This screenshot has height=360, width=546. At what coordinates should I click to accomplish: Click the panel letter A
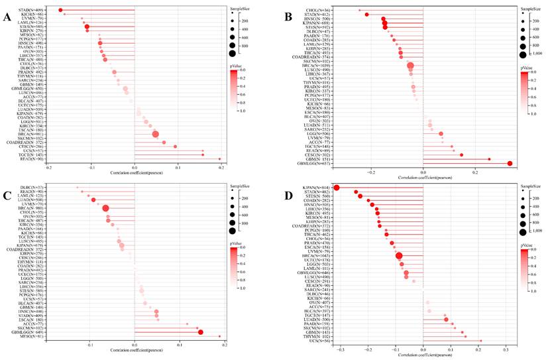coord(7,17)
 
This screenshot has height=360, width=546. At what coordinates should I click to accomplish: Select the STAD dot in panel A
coord(60,10)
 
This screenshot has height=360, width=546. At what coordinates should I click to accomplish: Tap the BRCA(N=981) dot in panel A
coord(156,135)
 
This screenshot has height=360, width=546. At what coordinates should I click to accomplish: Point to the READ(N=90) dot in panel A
coord(219,159)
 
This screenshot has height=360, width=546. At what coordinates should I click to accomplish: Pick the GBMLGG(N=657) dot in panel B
coord(510,163)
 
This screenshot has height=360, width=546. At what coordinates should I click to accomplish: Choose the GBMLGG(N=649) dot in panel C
coord(201,331)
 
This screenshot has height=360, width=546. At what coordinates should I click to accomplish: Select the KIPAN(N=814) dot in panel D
coord(337,188)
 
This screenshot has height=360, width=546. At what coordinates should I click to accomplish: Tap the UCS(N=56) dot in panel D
coord(480,341)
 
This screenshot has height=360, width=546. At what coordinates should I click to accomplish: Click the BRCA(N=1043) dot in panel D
coord(399,257)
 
